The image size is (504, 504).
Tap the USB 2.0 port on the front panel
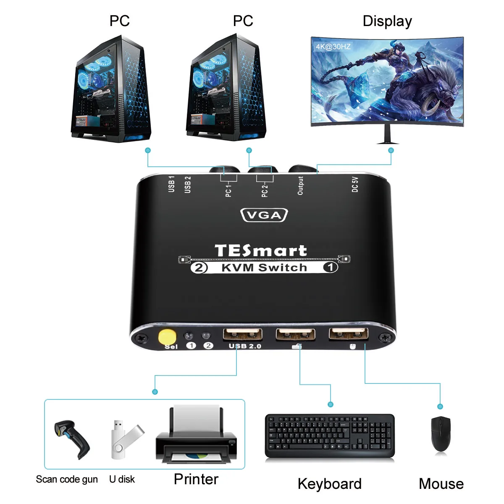243,334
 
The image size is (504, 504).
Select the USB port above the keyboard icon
295,334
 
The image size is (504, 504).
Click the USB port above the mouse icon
349,334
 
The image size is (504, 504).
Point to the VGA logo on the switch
264,215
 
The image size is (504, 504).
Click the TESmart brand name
261,250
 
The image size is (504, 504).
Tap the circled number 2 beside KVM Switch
199,268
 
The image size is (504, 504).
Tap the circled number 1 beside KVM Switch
331,267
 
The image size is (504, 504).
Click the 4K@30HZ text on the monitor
333,47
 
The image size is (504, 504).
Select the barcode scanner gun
72,439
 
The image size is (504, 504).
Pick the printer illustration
196,437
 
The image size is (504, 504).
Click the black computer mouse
441,434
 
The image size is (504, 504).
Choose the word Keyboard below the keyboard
329,484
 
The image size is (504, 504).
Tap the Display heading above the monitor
387,21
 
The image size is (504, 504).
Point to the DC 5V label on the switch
355,184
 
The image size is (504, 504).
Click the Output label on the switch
300,186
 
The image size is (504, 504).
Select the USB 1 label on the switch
171,184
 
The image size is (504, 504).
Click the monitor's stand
387,135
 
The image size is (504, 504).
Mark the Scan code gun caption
67,479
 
